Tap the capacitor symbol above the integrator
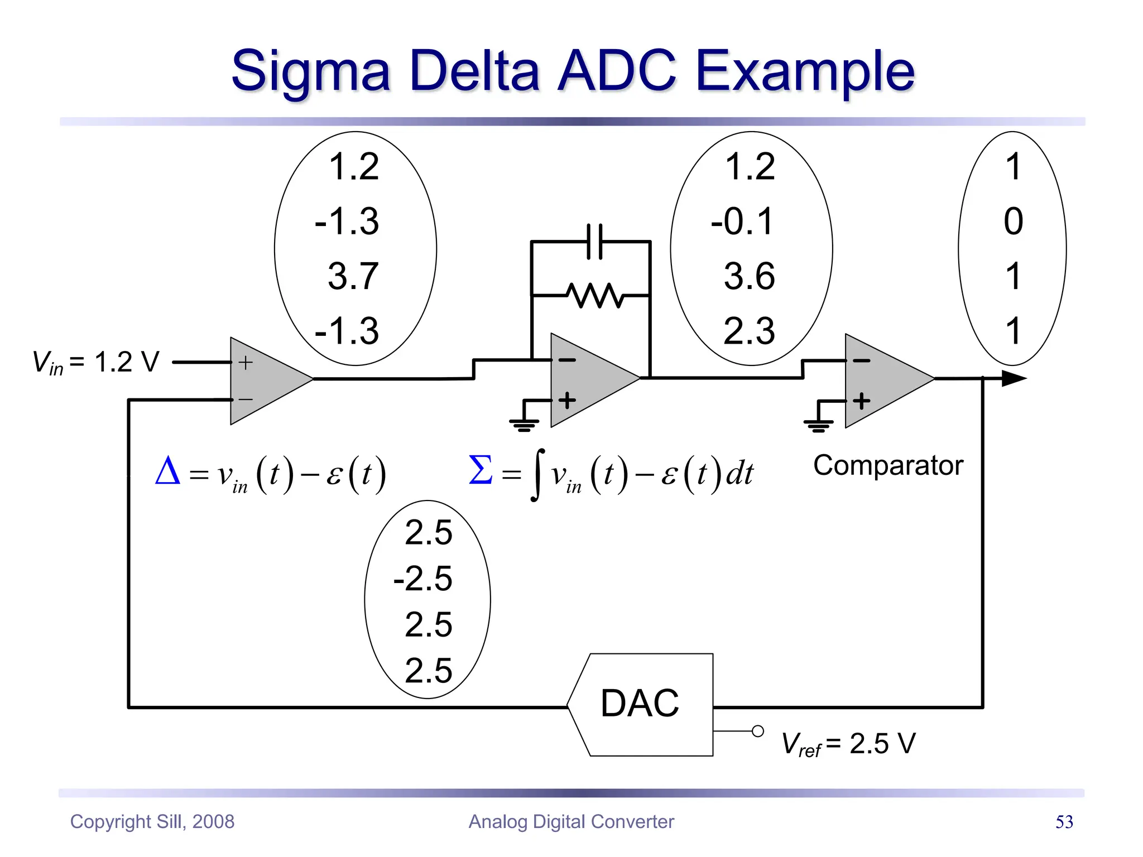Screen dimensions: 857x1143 click(595, 242)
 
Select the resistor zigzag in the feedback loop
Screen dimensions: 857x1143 click(595, 295)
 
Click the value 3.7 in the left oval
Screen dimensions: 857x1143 click(353, 276)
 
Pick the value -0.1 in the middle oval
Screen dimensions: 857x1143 click(743, 221)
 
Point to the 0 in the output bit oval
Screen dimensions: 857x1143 click(1013, 221)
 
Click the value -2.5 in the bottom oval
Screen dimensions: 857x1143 click(423, 578)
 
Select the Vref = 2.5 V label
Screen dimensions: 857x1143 click(848, 744)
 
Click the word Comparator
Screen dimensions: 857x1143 click(888, 465)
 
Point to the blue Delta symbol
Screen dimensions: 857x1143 click(167, 471)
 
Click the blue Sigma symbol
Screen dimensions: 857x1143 click(481, 470)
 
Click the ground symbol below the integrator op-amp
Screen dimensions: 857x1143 click(524, 425)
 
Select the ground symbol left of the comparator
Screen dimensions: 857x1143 click(818, 426)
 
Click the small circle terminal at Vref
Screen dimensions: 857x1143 click(757, 731)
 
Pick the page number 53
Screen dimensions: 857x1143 click(1064, 822)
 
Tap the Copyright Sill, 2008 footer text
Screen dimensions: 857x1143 click(152, 822)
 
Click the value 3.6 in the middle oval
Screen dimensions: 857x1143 click(749, 276)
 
